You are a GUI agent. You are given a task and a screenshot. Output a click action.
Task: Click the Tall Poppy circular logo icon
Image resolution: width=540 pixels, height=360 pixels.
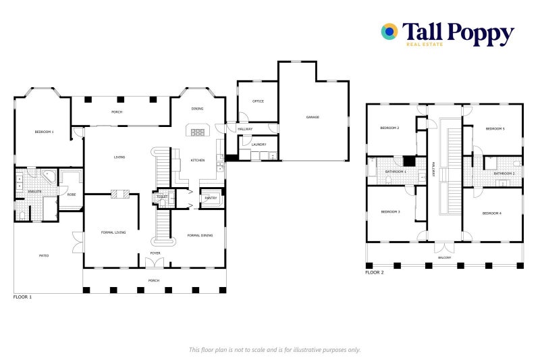389,31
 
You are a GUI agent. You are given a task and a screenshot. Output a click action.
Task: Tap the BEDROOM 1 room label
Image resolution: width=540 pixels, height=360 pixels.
44,132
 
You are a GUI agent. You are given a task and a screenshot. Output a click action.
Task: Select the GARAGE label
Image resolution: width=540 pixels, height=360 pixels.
313,117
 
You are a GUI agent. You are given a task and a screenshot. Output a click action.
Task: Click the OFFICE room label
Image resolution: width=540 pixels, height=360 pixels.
258,101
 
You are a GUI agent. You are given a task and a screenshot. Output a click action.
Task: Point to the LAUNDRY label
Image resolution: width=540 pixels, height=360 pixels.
259,145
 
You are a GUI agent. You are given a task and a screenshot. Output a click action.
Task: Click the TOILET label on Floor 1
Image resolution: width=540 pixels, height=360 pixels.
162,197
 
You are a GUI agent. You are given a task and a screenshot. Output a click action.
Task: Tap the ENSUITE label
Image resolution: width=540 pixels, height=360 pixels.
34,192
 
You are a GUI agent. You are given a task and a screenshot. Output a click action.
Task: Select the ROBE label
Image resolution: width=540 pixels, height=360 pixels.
71,195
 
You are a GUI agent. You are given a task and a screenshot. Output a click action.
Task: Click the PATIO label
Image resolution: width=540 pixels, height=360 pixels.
43,255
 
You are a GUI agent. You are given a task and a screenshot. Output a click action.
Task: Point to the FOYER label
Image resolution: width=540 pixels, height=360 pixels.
155,253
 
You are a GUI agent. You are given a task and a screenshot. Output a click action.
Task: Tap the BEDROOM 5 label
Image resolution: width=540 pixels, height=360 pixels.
495,128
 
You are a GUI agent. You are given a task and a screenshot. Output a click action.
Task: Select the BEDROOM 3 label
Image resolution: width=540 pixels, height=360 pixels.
390,211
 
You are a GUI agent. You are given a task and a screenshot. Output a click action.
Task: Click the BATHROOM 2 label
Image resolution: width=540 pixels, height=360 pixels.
504,174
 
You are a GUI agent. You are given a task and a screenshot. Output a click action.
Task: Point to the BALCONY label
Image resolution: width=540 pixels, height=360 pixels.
444,257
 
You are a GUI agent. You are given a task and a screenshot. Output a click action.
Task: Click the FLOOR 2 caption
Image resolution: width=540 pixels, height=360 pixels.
375,272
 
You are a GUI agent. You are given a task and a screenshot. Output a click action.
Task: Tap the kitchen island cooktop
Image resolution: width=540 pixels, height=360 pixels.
198,132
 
